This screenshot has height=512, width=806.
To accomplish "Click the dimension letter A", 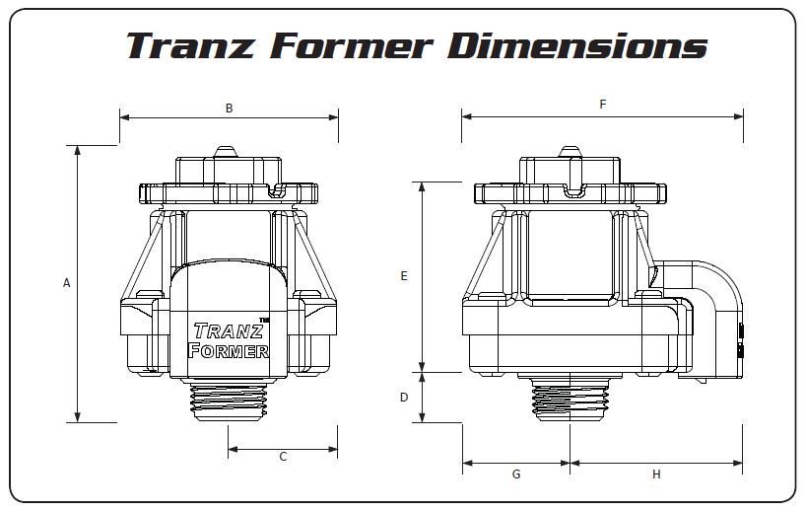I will point(67,283).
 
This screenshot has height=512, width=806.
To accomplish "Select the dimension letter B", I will point(229,109).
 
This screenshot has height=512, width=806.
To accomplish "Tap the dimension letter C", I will point(283,457).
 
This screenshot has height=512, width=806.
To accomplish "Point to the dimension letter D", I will point(404,398).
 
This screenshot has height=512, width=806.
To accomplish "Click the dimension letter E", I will point(404,277).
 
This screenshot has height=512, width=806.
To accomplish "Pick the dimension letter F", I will point(603,105).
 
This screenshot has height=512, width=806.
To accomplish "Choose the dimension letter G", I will point(516,475).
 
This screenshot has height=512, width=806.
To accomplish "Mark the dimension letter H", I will point(656,475).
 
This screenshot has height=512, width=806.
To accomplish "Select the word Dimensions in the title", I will point(577,45).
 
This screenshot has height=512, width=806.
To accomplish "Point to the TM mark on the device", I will point(264,319).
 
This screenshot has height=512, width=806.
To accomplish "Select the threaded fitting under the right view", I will point(570,400).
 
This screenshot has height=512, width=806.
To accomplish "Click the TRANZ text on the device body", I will point(227,331).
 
